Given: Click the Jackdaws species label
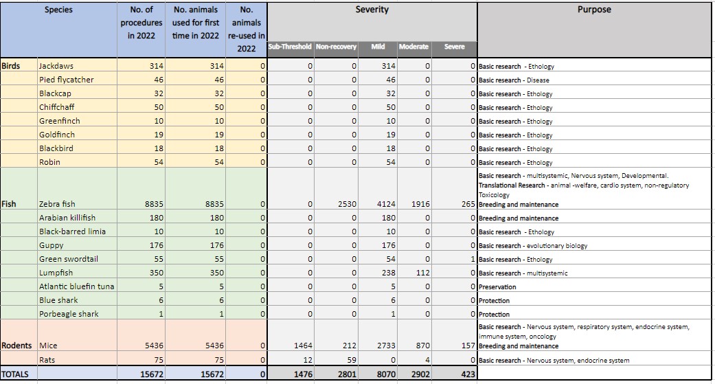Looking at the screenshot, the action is point(56,66).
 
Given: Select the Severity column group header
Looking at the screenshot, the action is point(372,10).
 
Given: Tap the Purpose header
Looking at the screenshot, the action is point(594,10).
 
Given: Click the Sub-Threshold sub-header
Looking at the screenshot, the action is point(290,47).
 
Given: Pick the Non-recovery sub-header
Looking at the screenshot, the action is point(336,47).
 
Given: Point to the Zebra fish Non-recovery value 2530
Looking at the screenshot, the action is point(347,204).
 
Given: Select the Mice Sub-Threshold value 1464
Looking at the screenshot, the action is point(303,346).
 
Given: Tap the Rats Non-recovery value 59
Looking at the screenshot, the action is point(352,360).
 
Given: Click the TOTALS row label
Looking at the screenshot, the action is point(15,374).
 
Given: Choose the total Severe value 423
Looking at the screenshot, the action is point(468,374).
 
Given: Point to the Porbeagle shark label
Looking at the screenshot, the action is point(69,314).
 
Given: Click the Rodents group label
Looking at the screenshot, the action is point(17,346).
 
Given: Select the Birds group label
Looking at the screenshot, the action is point(11,66).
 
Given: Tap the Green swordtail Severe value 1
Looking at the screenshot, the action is point(473,259).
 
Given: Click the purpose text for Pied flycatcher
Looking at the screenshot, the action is point(514,80).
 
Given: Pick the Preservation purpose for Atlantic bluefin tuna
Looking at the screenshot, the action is point(497,287).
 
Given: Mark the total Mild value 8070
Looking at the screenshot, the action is point(386,374).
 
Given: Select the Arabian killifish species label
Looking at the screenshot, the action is point(67,218).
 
